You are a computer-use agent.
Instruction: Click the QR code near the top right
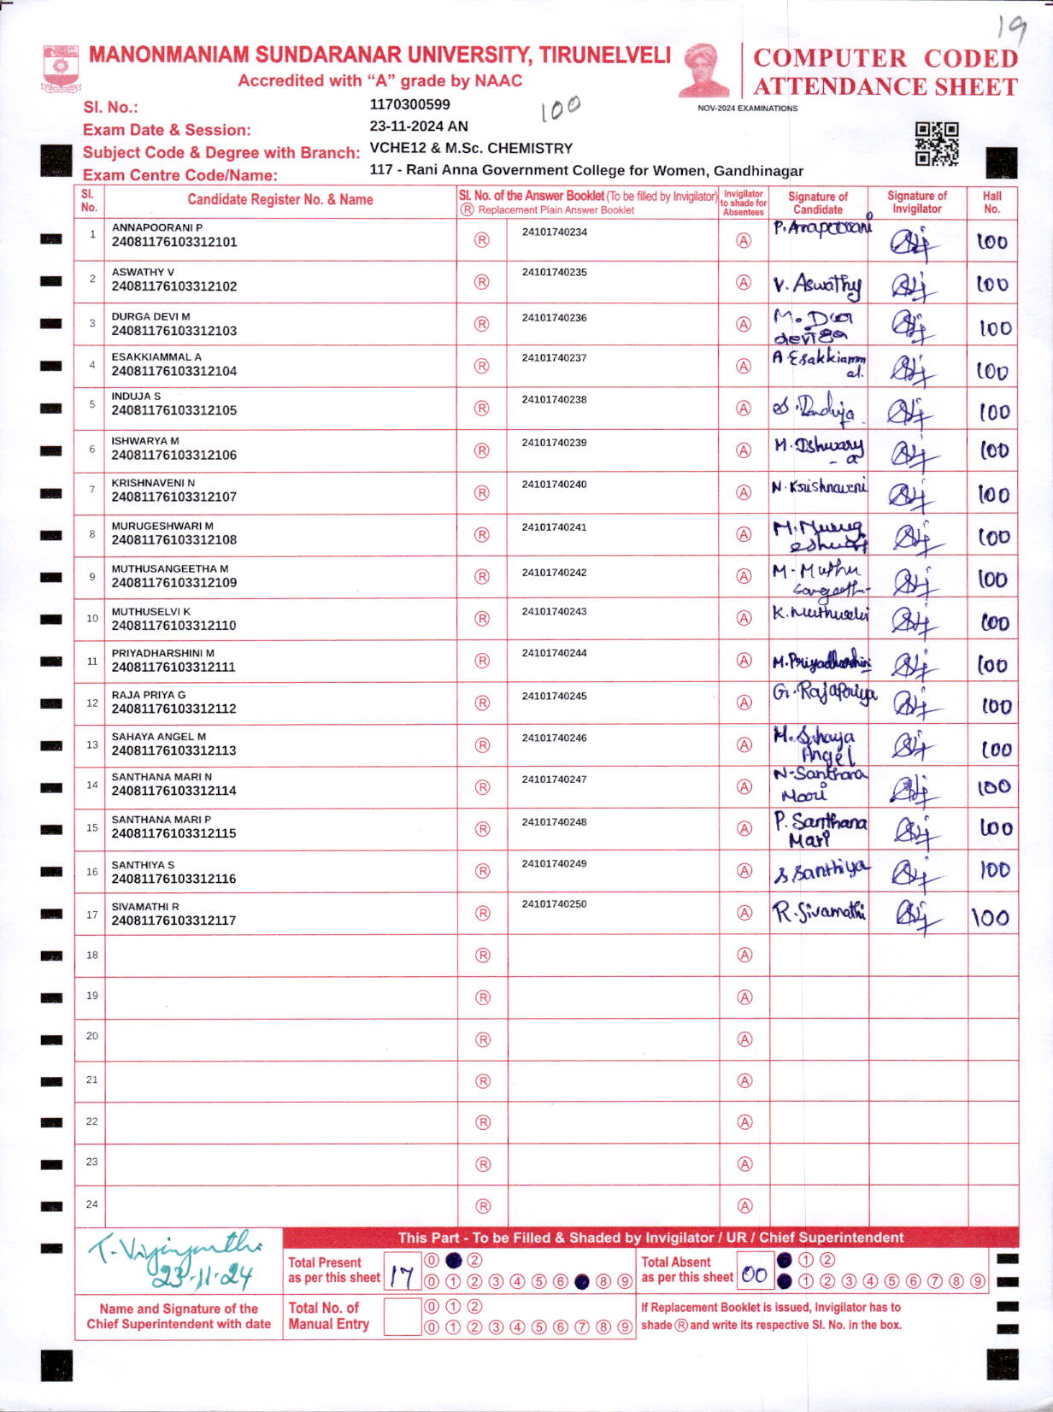click(x=937, y=144)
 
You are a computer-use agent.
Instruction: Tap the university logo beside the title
click(x=61, y=68)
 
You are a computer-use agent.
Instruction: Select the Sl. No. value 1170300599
click(x=409, y=105)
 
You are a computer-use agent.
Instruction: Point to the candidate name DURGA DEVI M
click(x=150, y=316)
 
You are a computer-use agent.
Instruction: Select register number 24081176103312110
click(x=174, y=626)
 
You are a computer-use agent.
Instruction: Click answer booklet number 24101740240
click(x=554, y=485)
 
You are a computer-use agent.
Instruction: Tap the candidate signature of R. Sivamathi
click(x=819, y=913)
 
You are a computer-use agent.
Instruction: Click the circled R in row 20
click(x=483, y=1039)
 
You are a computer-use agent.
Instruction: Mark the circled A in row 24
click(x=744, y=1206)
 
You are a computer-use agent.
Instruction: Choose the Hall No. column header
click(x=991, y=202)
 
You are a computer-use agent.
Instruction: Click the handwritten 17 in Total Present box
click(x=402, y=1276)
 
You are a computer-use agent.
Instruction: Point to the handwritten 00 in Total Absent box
click(x=754, y=1275)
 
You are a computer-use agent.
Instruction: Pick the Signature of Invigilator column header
click(x=917, y=202)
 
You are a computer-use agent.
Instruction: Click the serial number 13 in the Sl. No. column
click(x=92, y=744)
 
